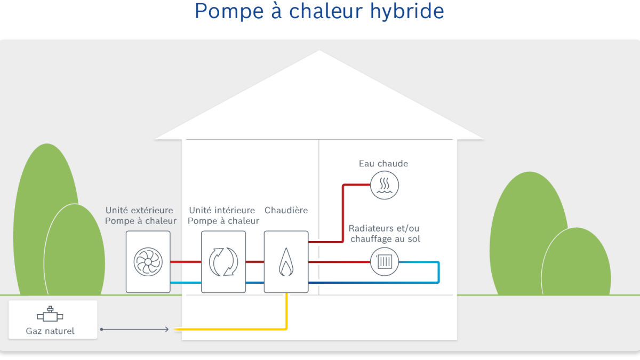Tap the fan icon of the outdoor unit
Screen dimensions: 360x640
(x=148, y=262)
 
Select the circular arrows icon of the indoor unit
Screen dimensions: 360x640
(x=223, y=262)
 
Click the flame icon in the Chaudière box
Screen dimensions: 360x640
(x=286, y=263)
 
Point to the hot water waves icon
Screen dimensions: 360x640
(x=385, y=185)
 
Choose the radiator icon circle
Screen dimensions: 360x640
(x=385, y=262)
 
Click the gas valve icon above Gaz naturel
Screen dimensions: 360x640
(x=50, y=315)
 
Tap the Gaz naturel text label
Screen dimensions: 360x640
(x=50, y=331)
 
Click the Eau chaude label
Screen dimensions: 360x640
(x=383, y=164)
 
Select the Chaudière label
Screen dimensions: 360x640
(x=286, y=210)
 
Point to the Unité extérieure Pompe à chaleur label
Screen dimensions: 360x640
(x=140, y=215)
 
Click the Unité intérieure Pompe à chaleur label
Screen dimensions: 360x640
(x=223, y=215)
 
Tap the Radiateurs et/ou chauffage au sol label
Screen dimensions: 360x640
(x=385, y=234)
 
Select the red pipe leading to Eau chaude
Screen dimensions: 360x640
(x=342, y=213)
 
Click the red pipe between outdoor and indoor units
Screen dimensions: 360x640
(x=186, y=262)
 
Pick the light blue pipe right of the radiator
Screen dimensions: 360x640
(x=438, y=272)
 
